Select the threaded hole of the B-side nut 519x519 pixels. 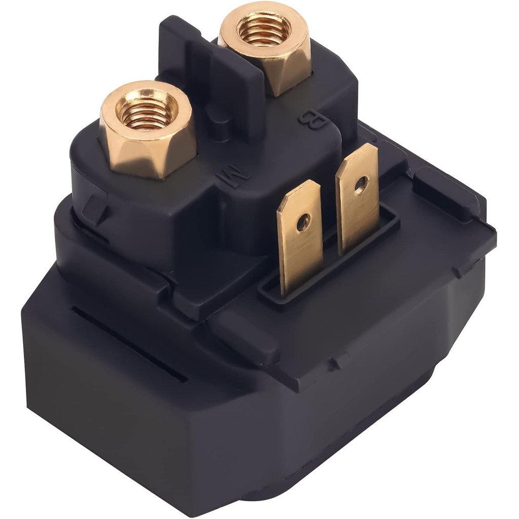coord(264,29)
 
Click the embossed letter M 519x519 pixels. coord(233,178)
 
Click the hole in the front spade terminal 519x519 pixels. coord(303,222)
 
